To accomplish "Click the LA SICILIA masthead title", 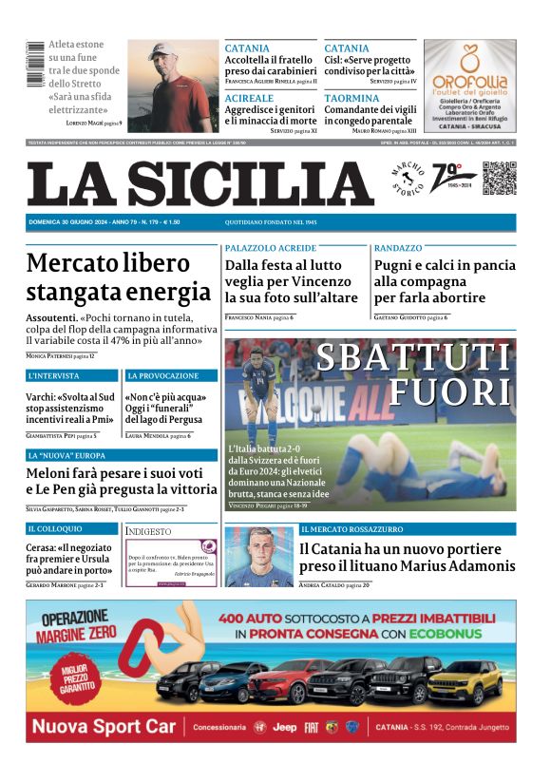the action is tap(199, 182).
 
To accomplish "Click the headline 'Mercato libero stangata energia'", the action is tap(119, 277).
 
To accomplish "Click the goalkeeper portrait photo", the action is tap(258, 556).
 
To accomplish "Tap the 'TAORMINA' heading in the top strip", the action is tap(351, 98).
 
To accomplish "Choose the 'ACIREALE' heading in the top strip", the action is tap(249, 98).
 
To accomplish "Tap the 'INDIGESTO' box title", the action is tap(149, 531).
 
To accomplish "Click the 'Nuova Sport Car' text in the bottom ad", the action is tap(105, 727).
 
